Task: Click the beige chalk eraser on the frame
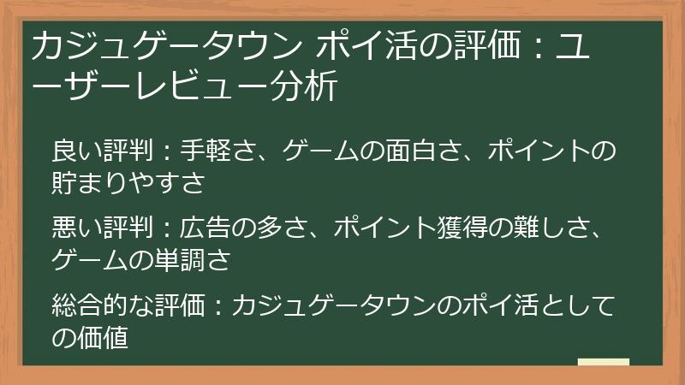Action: (x=603, y=363)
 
